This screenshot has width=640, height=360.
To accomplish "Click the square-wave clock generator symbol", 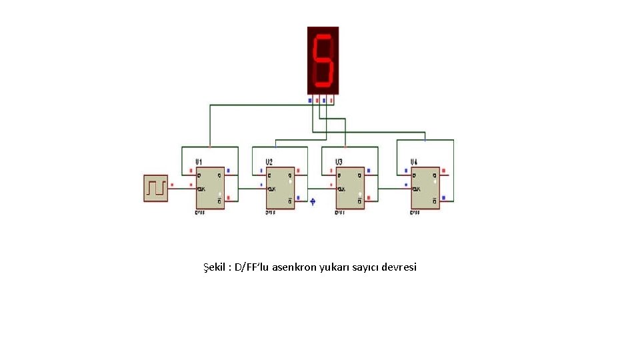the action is coord(156,187).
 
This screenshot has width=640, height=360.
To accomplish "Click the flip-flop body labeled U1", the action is coord(210,187).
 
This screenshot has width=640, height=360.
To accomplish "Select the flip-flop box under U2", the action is coord(281,187).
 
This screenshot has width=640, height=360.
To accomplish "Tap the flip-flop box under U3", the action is coord(350,187).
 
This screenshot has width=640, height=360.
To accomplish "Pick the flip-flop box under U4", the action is coord(425,187).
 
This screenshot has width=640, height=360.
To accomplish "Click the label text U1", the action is coord(199,162).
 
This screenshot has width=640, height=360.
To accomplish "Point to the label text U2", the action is coord(269,162).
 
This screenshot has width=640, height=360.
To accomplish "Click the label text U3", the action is coord(339,162).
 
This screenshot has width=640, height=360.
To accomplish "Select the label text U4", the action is coord(414,162).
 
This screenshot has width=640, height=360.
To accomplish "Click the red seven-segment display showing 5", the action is coord(323,60).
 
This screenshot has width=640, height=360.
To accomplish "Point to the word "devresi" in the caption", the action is coord(399,267).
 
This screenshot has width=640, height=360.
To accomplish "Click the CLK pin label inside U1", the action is coord(201,189).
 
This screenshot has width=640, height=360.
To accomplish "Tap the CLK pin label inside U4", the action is coord(417,189).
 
